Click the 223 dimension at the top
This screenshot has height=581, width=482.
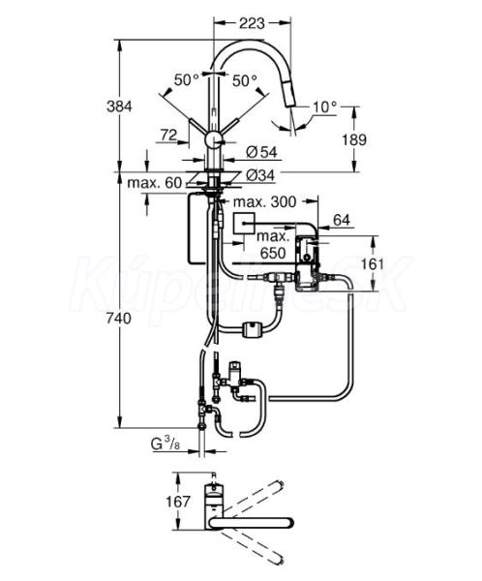252,23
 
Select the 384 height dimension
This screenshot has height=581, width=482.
119,107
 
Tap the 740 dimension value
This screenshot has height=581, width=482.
118,319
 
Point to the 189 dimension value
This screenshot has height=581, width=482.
354,139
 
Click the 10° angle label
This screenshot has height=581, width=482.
325,107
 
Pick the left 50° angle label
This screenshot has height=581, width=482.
187,79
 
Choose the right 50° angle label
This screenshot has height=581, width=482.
245,80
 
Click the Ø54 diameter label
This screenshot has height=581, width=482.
261,152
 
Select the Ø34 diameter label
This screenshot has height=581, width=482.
260,175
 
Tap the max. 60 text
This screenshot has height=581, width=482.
155,183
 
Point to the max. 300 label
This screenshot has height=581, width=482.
264,201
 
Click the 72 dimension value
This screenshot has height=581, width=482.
168,135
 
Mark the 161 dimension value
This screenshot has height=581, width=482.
372,264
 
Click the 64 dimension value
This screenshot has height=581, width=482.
342,220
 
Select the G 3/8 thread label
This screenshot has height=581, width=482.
166,443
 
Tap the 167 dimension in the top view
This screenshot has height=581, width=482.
178,502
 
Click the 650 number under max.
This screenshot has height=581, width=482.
273,253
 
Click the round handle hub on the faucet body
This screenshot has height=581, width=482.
213,140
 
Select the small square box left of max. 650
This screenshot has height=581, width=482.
244,224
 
